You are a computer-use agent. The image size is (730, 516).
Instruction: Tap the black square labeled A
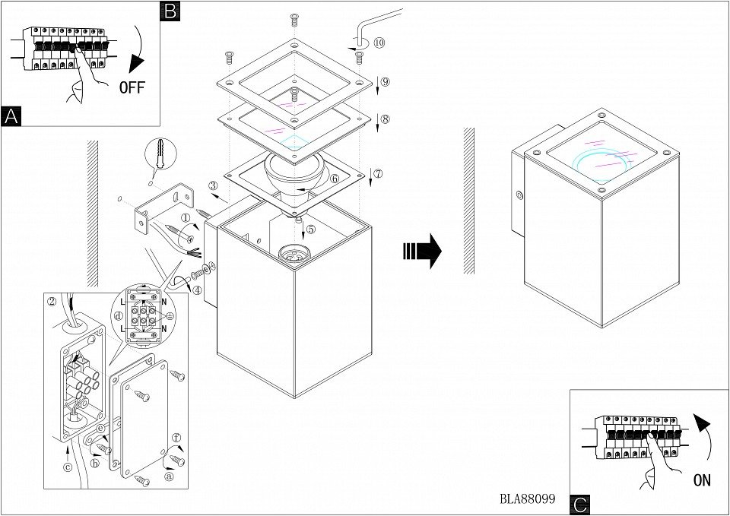[x=11, y=116]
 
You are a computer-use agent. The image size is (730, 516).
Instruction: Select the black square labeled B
[x=170, y=10]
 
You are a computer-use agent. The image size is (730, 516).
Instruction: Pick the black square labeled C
[x=580, y=504]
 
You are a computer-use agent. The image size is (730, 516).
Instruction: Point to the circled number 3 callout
[x=214, y=185]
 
